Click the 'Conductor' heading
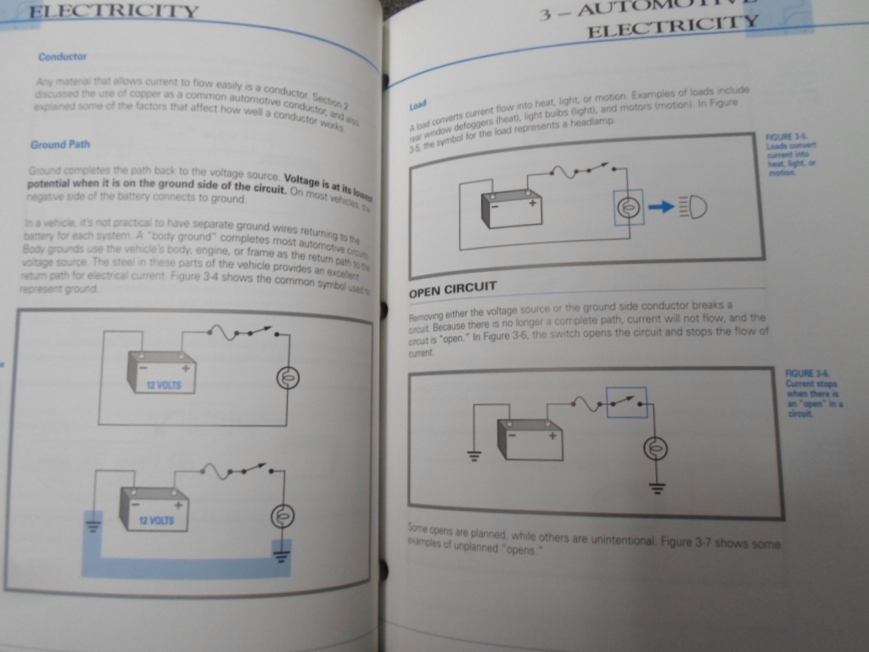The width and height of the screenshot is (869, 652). [62, 57]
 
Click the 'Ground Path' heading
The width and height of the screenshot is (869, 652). [60, 144]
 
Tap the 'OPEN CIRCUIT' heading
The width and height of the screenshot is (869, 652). [452, 289]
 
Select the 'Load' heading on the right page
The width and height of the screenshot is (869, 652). [418, 106]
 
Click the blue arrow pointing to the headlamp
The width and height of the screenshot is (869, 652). [661, 206]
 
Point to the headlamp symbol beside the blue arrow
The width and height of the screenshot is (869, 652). [692, 206]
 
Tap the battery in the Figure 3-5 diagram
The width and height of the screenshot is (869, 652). [512, 209]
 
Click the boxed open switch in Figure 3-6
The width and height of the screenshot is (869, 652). [626, 402]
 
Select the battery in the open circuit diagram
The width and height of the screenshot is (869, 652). [530, 439]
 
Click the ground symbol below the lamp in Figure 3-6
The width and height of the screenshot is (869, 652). [657, 487]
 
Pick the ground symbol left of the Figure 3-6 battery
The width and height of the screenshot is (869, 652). [474, 453]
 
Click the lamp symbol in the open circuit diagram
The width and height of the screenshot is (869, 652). [654, 447]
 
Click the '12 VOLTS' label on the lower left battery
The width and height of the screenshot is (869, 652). [155, 520]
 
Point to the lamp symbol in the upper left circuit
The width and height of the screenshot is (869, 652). [289, 379]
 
